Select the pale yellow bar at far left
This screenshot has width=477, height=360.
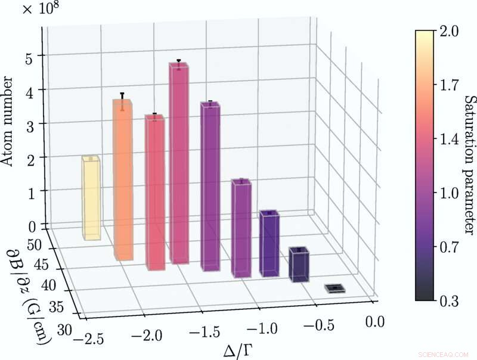(91, 197)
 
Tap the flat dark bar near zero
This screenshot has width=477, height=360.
(335, 288)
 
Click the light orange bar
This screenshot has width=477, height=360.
(122, 179)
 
